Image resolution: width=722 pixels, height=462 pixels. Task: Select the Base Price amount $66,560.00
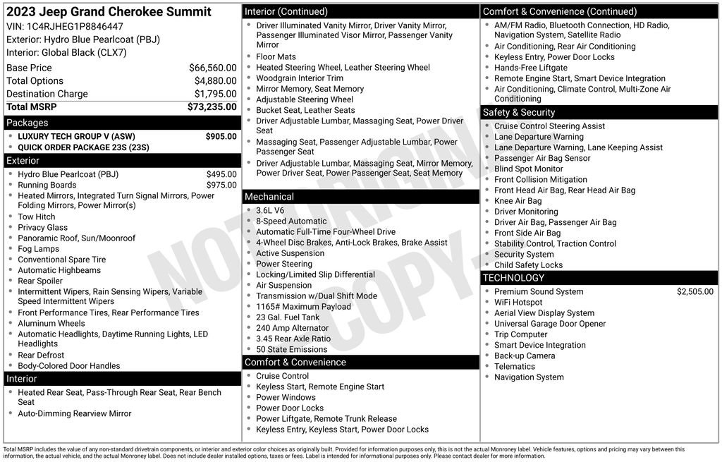212,68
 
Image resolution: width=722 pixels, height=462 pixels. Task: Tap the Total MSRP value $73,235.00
212,107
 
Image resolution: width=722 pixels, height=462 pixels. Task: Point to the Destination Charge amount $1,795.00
215,94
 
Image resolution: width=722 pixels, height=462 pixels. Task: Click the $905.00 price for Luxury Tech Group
221,137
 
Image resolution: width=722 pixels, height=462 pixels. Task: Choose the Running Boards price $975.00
221,185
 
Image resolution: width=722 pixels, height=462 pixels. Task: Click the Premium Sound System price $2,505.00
695,291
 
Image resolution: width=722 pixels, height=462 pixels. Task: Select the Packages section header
27,123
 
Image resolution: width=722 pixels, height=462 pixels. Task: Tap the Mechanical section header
269,197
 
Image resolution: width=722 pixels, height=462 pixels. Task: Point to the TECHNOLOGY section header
513,278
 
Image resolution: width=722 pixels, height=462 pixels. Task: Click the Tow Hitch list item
37,217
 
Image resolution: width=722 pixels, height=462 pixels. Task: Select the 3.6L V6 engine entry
270,210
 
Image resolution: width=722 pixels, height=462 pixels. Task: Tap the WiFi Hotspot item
518,303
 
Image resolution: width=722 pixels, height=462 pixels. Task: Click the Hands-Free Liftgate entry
530,68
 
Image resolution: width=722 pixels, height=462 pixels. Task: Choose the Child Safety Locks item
528,265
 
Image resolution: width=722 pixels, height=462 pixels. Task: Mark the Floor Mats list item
276,56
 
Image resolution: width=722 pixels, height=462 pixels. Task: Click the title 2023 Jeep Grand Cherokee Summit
109,12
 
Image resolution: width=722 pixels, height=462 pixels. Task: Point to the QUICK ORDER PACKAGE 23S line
83,147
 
